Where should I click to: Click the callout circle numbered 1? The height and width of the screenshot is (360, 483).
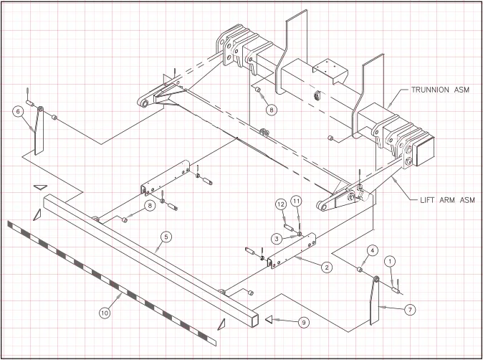pyautogui.click(x=390, y=261)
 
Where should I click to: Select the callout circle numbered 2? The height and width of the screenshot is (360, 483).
pyautogui.click(x=327, y=267)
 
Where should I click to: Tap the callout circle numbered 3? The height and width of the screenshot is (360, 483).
pyautogui.click(x=277, y=238)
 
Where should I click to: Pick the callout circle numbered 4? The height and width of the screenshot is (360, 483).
pyautogui.click(x=372, y=251)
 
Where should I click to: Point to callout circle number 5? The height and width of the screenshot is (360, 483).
pyautogui.click(x=166, y=237)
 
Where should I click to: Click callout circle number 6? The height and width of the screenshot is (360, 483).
pyautogui.click(x=18, y=112)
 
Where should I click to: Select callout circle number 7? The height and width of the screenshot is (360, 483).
pyautogui.click(x=410, y=310)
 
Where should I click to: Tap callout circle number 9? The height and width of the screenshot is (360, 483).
pyautogui.click(x=303, y=323)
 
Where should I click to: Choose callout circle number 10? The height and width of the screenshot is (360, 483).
pyautogui.click(x=105, y=313)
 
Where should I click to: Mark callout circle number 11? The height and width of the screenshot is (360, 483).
pyautogui.click(x=297, y=202)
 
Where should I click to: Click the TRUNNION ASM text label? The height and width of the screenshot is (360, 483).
pyautogui.click(x=440, y=90)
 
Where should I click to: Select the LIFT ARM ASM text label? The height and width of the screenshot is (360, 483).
pyautogui.click(x=448, y=200)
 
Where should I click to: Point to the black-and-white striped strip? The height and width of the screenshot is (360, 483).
pyautogui.click(x=112, y=283)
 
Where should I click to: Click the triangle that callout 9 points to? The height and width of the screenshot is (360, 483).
pyautogui.click(x=269, y=319)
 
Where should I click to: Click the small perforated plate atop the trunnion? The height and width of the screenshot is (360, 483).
pyautogui.click(x=331, y=70)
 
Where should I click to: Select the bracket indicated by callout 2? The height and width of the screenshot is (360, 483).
pyautogui.click(x=292, y=251)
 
